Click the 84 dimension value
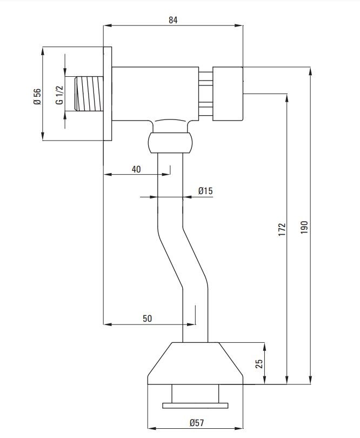173,20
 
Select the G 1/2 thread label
59,95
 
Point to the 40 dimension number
136,169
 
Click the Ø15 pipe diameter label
205,190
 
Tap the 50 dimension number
147,318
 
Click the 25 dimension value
258,363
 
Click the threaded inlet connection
88,94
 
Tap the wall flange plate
107,94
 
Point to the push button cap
227,93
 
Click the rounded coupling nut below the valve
170,143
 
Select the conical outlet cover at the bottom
195,363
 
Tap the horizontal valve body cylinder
155,93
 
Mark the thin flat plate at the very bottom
195,404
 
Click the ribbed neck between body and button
205,93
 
